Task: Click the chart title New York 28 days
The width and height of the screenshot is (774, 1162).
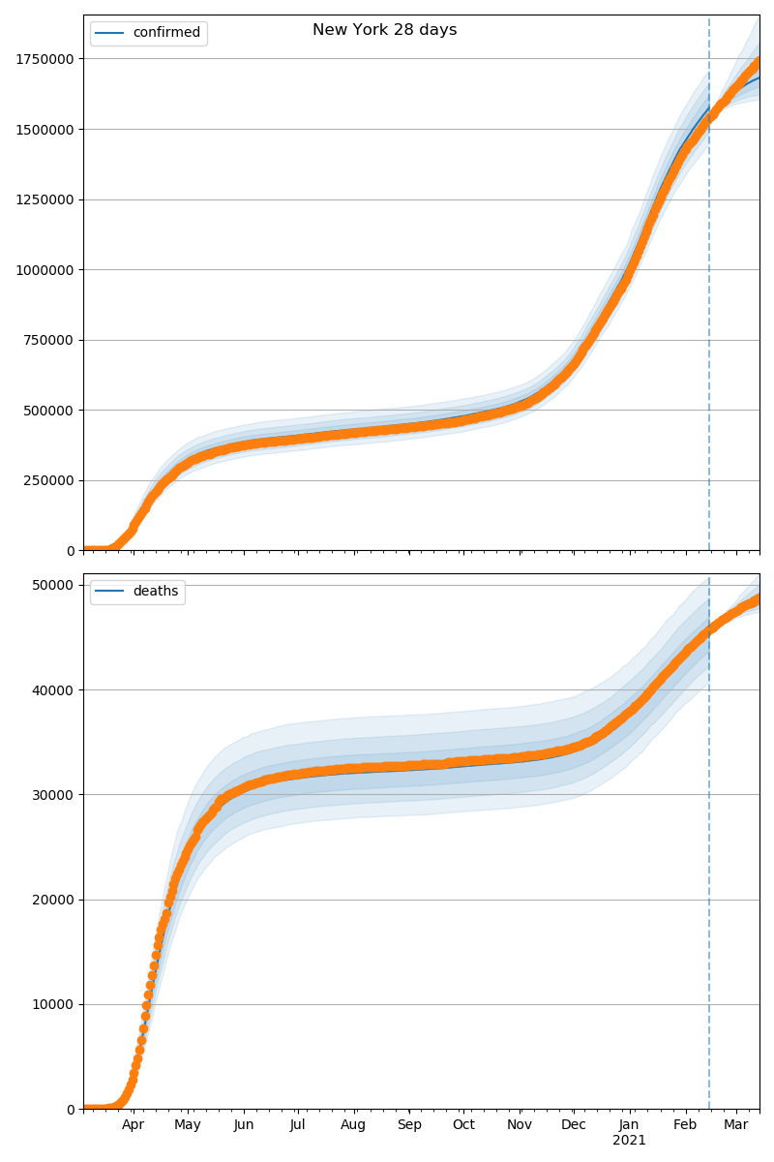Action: [x=384, y=30]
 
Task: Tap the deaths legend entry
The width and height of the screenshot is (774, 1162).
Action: [x=155, y=592]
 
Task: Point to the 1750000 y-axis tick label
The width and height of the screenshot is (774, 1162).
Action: [x=45, y=59]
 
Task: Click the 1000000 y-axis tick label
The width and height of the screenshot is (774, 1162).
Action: [x=45, y=270]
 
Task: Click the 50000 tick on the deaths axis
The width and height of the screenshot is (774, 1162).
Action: [x=54, y=585]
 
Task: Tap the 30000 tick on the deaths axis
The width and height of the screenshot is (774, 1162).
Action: [x=54, y=795]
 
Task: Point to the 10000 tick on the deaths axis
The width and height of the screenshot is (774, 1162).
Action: [x=54, y=1004]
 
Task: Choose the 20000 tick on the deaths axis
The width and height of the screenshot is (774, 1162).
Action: [x=54, y=900]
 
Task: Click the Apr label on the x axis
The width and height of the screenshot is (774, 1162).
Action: [x=133, y=1125]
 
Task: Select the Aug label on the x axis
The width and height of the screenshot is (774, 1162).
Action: [x=354, y=1125]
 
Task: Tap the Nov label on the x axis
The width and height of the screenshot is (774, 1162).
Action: [x=520, y=1125]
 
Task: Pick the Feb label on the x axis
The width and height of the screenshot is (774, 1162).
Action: [x=685, y=1125]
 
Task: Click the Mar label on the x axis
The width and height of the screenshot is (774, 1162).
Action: [x=736, y=1125]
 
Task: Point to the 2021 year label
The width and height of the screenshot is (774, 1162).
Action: [x=629, y=1141]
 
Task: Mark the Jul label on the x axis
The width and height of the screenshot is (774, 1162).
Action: [x=298, y=1125]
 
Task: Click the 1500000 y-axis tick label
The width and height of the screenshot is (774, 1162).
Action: [x=45, y=130]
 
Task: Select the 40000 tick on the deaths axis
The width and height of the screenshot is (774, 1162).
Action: [x=54, y=690]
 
